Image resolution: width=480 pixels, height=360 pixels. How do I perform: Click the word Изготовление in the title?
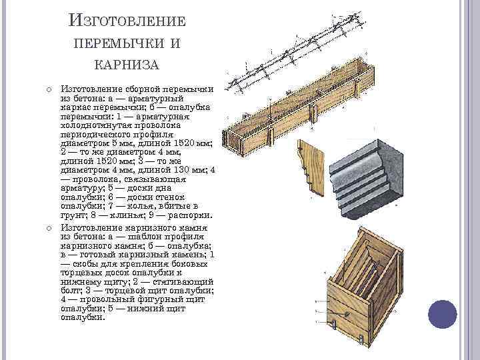click(127, 21)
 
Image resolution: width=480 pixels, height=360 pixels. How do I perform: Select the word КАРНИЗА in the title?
click(127, 65)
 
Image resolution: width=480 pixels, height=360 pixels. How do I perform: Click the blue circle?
click(443, 314)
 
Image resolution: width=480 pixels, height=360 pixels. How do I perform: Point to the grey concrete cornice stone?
click(367, 179)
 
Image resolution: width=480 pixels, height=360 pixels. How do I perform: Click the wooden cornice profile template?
click(311, 168)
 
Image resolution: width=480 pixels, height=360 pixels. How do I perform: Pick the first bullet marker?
click(49, 90)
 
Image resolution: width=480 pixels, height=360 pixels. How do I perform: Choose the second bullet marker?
click(49, 228)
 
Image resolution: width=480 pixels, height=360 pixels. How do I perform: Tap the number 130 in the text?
click(183, 170)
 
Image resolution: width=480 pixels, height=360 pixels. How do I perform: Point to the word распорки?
click(190, 215)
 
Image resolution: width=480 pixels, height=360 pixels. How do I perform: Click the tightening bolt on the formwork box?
click(347, 313)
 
